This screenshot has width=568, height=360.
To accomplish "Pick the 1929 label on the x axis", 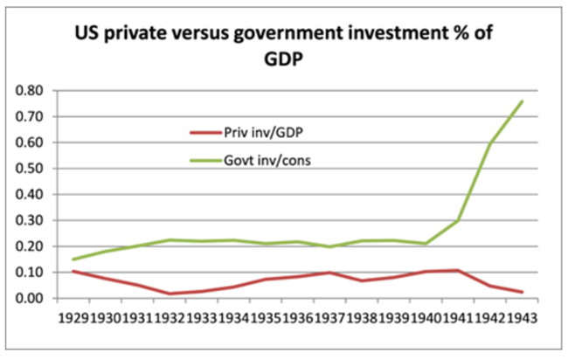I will tap(72, 317).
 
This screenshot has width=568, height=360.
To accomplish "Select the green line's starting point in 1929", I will tap(73, 259).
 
